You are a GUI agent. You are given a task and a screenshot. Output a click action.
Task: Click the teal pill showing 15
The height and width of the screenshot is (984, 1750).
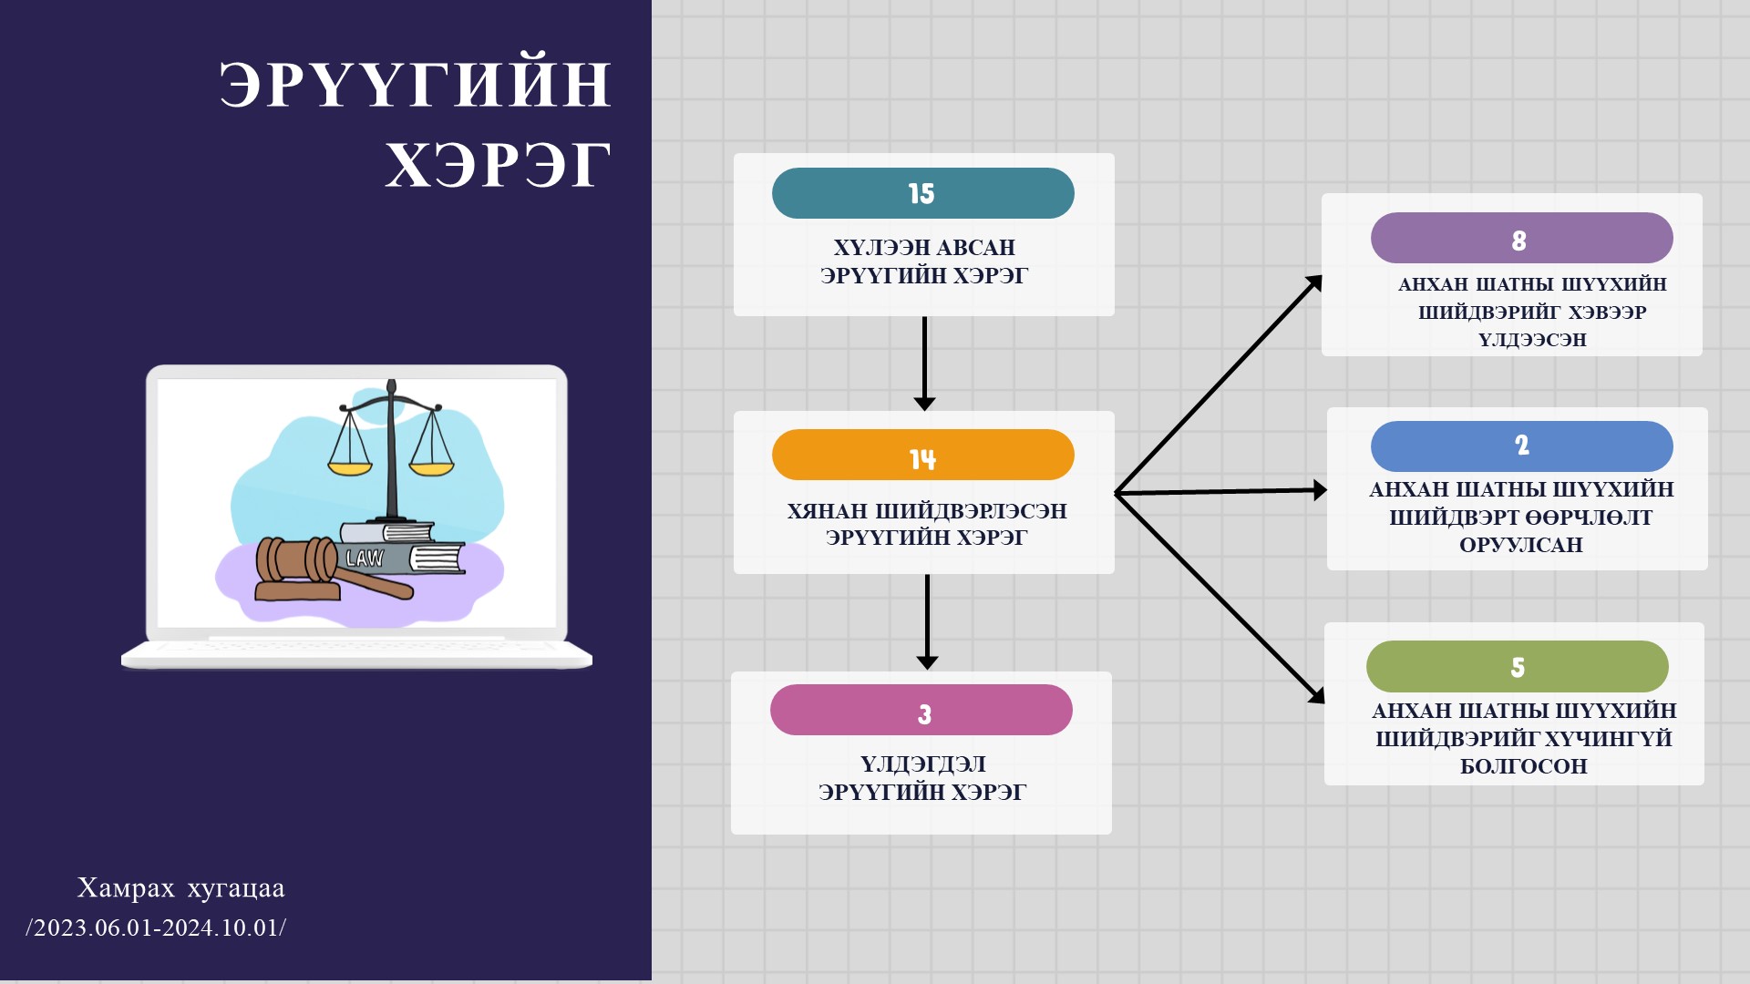click(x=922, y=193)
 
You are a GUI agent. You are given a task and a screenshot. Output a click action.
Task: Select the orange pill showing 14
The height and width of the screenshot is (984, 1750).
click(x=922, y=455)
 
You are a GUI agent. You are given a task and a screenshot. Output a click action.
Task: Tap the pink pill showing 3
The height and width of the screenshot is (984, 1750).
click(x=921, y=710)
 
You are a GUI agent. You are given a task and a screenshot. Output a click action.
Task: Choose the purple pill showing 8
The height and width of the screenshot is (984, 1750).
click(x=1521, y=238)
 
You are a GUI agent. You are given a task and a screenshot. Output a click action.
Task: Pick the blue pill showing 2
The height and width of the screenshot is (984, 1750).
click(x=1521, y=446)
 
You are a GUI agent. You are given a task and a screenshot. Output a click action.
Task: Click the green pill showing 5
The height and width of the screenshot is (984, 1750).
click(x=1517, y=666)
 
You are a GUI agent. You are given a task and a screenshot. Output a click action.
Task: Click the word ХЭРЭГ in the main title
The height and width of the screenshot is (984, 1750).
click(x=498, y=166)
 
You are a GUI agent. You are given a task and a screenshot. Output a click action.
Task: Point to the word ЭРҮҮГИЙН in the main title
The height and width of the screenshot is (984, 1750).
click(x=415, y=84)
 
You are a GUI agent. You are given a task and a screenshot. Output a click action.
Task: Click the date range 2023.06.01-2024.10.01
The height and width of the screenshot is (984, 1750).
click(x=156, y=928)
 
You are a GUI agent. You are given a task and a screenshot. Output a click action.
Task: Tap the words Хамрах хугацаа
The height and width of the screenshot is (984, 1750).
click(x=180, y=887)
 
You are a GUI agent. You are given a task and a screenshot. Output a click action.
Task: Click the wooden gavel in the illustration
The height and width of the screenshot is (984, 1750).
click(x=301, y=563)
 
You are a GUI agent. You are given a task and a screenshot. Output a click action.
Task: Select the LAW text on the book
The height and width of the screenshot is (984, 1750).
click(x=365, y=559)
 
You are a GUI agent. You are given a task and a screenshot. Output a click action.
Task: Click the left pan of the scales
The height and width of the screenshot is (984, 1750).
click(x=350, y=467)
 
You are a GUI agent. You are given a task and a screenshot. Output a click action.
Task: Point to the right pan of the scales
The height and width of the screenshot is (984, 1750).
click(x=431, y=468)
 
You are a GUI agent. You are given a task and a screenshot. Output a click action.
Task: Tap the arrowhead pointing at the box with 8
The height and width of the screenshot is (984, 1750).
click(x=1313, y=283)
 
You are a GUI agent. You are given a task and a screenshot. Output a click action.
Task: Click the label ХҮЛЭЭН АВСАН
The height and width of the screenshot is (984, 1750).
click(x=923, y=247)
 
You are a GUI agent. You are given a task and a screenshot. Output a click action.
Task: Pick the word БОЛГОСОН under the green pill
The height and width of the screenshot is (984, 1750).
click(x=1523, y=766)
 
